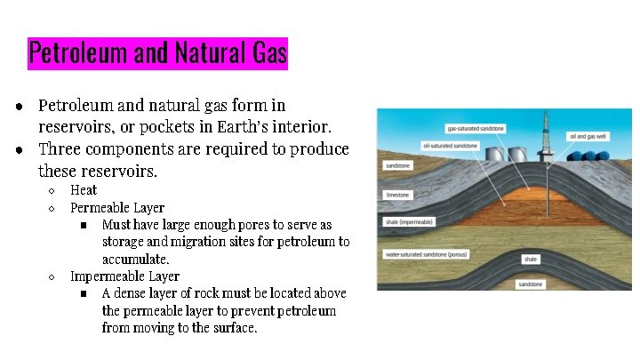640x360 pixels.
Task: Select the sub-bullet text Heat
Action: pyautogui.click(x=84, y=190)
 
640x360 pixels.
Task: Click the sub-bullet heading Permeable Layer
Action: pyautogui.click(x=116, y=208)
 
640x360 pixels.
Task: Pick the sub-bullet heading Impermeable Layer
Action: pyautogui.click(x=124, y=276)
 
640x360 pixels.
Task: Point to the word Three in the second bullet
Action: pyautogui.click(x=60, y=148)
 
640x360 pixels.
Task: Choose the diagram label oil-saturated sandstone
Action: pyautogui.click(x=451, y=146)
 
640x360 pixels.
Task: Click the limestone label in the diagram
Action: pyautogui.click(x=396, y=194)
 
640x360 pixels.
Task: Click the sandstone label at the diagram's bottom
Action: pyautogui.click(x=531, y=284)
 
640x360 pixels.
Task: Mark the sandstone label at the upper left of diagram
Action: pyautogui.click(x=397, y=165)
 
